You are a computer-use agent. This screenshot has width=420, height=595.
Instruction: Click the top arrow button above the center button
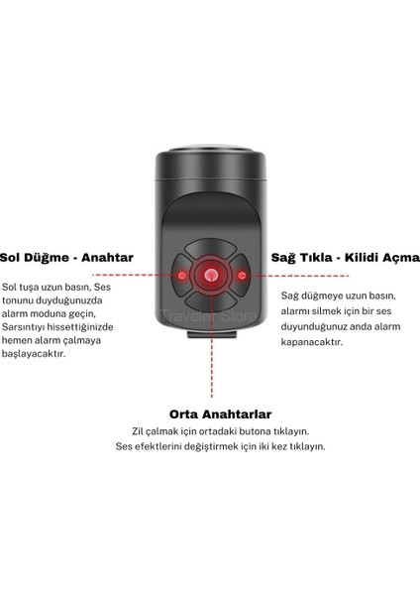tap(210, 252)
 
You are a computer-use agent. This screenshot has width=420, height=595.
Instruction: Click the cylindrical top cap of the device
tap(210, 165)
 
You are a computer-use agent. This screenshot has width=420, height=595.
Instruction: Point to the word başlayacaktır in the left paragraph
tap(59, 356)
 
